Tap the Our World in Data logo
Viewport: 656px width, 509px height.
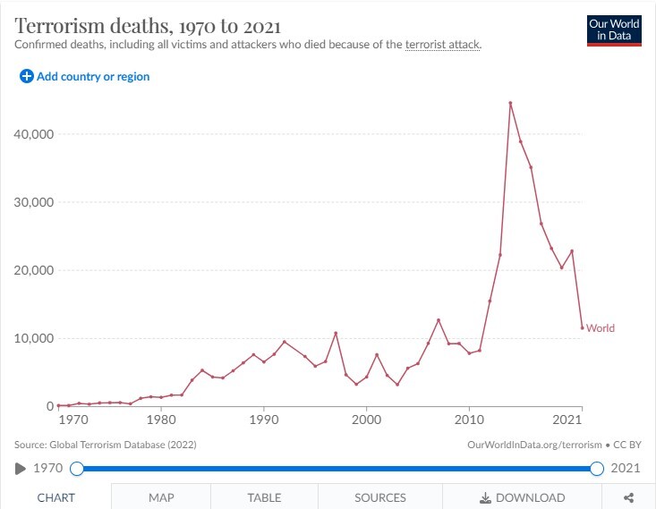point(614,30)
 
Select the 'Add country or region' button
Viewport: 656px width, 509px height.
point(85,77)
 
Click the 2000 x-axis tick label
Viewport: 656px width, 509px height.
point(366,420)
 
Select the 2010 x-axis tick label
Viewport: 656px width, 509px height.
point(469,420)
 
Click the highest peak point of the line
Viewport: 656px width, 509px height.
point(510,103)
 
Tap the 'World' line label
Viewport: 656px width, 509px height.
point(601,328)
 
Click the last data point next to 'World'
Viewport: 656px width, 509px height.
point(582,327)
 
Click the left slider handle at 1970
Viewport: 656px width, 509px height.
point(77,468)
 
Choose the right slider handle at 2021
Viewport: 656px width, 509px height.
point(597,468)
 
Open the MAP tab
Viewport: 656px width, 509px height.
point(161,497)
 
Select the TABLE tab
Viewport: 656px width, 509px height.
point(264,497)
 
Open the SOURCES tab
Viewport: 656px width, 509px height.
point(379,497)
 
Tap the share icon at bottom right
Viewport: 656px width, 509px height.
point(629,497)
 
